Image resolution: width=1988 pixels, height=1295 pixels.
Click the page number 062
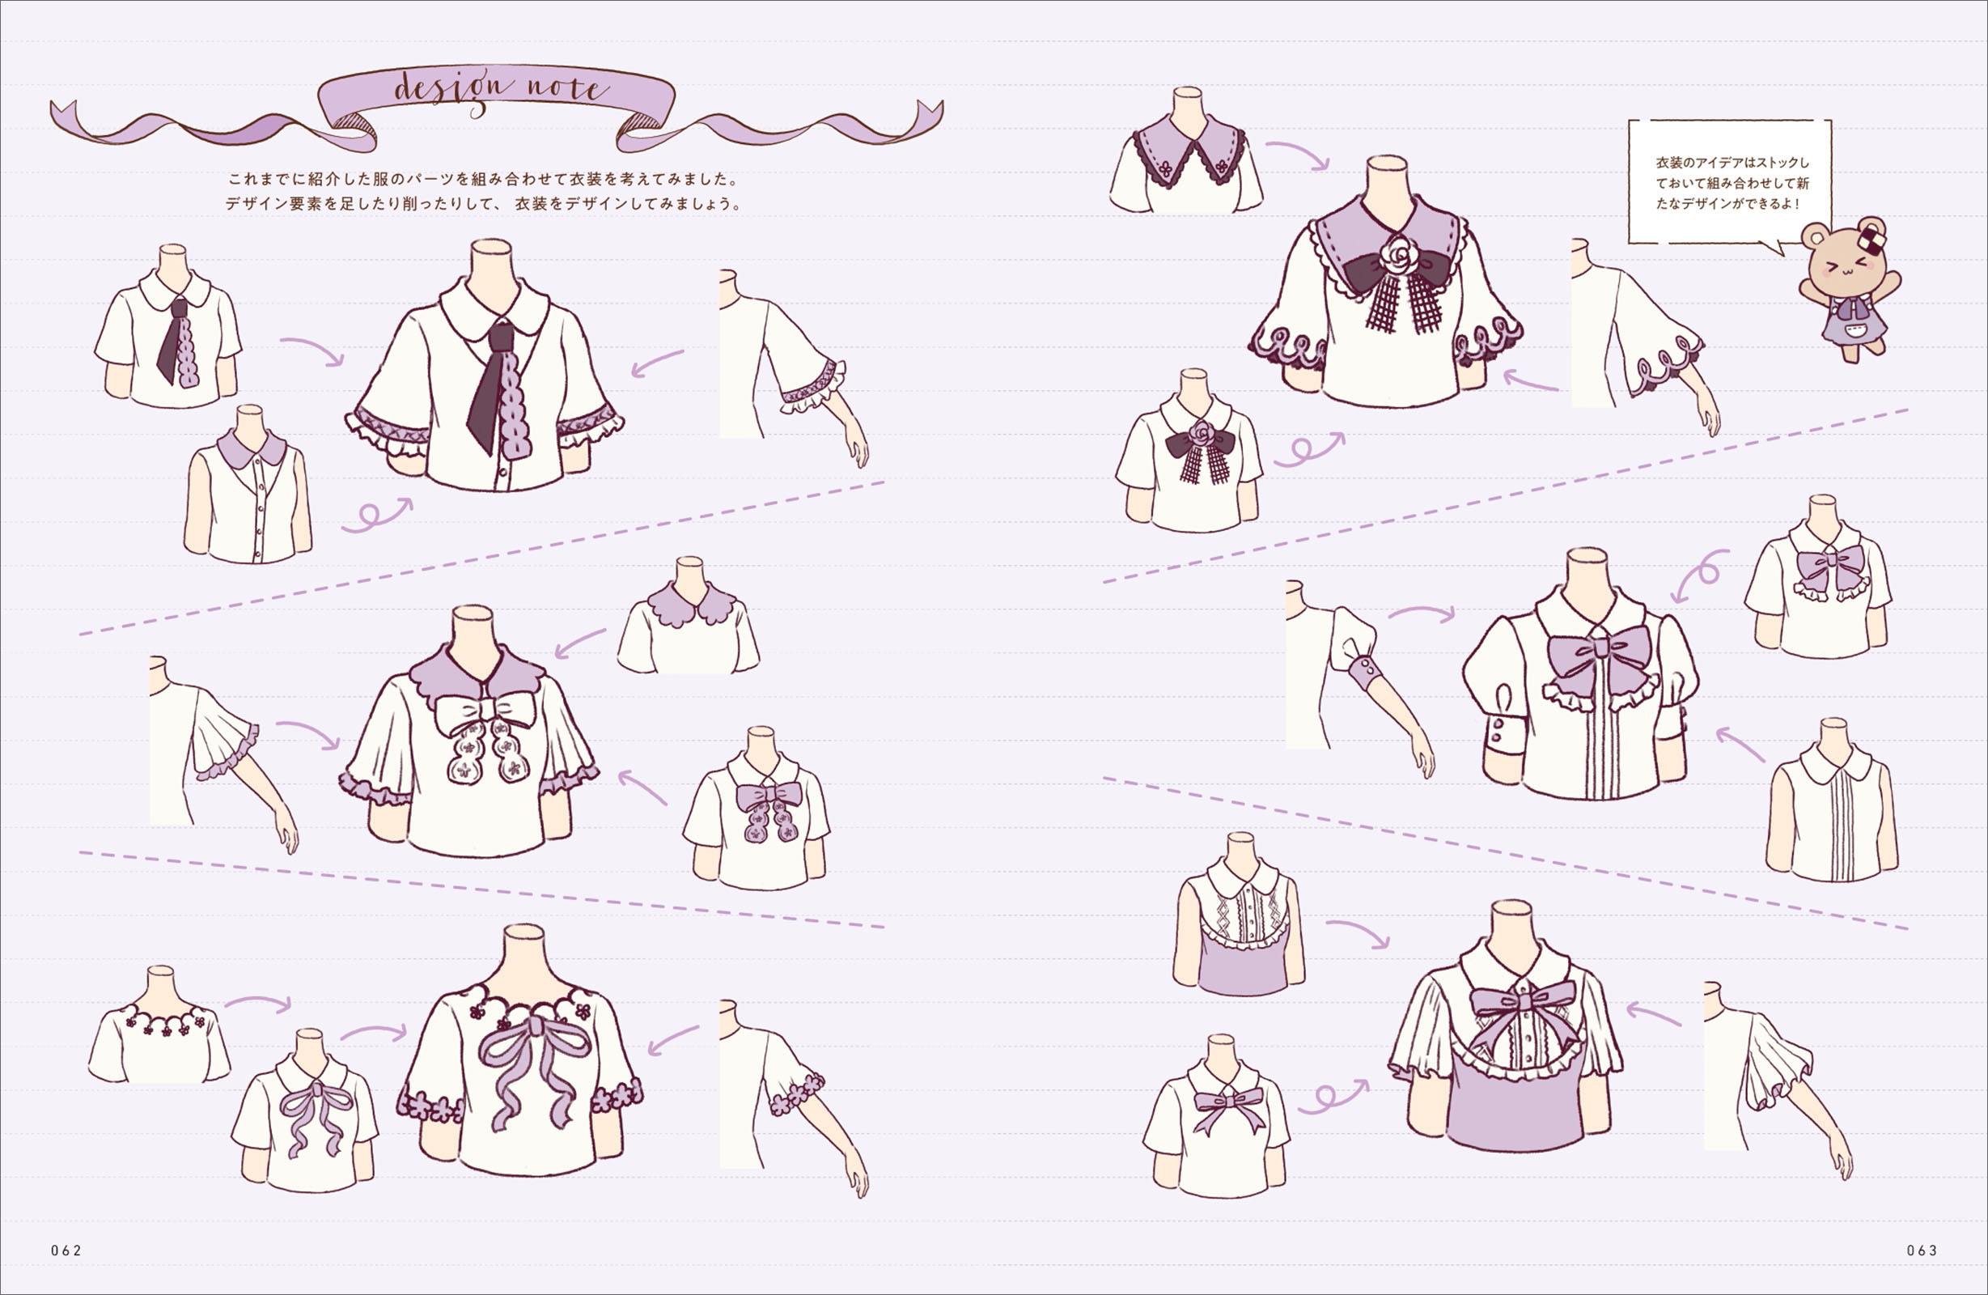pyautogui.click(x=66, y=1250)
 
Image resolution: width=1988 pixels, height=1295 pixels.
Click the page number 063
pyautogui.click(x=1921, y=1250)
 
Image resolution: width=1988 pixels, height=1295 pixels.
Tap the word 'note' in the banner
pyautogui.click(x=567, y=88)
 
